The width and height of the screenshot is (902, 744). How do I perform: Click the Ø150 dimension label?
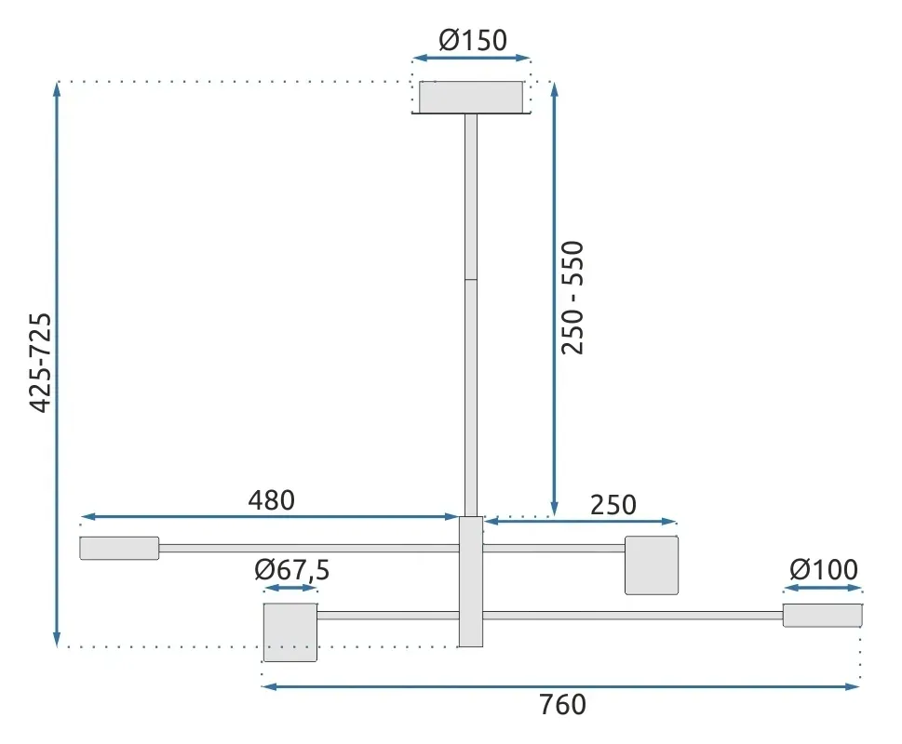pos(473,41)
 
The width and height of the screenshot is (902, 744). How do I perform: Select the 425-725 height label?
pos(41,363)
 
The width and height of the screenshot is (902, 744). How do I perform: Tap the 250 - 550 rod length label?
pos(572,298)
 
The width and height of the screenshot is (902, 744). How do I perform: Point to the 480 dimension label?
pos(272,500)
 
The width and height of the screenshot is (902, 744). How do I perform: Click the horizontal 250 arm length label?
pos(613,505)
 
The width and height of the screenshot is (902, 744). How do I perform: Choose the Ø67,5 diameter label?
pos(292,570)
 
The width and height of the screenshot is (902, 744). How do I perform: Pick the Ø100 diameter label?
pos(824,570)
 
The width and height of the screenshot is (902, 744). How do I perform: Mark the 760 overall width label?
pos(562,705)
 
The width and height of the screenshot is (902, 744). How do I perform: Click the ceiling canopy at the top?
pos(471,98)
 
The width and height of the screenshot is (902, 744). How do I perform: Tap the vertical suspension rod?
pos(471,315)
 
